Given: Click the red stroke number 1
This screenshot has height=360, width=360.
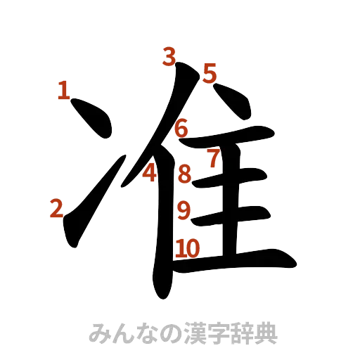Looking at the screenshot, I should point(63,90).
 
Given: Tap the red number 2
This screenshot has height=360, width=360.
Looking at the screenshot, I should point(56,208).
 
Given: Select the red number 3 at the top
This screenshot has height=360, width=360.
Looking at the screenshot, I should point(169,56).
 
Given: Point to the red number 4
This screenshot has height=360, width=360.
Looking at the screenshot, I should point(150,172).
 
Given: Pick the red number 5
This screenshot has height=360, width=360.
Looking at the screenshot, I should point(210,72).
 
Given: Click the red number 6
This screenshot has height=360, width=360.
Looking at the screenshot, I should point(181,129).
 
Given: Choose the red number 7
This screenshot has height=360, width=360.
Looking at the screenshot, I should point(214,158).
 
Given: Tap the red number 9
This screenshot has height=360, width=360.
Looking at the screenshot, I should point(184,210).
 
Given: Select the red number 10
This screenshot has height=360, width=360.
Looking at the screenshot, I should point(188,247).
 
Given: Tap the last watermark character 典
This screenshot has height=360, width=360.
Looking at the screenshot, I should point(266,333).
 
